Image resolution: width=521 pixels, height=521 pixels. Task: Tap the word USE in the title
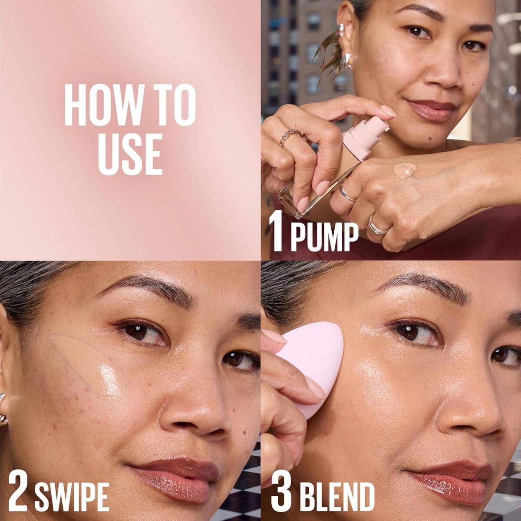coord(130,154)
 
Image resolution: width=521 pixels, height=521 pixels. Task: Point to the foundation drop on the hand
coord(405,171)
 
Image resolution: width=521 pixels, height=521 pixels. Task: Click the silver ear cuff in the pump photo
coord(342,30)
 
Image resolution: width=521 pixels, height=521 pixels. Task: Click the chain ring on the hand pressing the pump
coord(290,136)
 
